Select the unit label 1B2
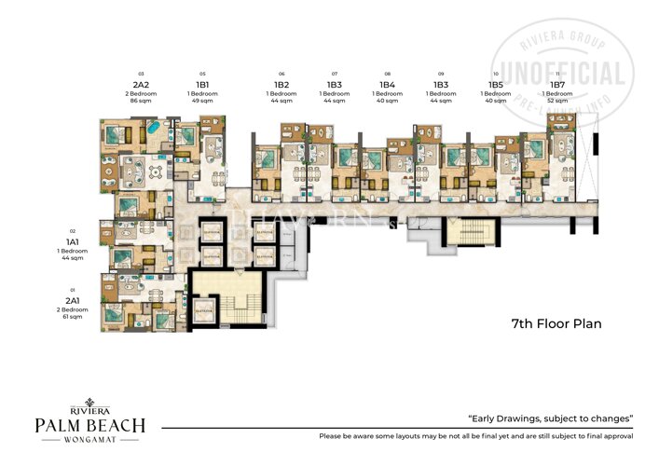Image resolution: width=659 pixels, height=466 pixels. tap(281, 83)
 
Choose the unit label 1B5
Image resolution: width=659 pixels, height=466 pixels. tap(495, 83)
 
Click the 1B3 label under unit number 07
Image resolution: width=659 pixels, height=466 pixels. tap(335, 83)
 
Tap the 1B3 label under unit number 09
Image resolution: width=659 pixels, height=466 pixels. tap(441, 83)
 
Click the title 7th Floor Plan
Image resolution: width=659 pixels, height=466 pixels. tap(556, 324)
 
